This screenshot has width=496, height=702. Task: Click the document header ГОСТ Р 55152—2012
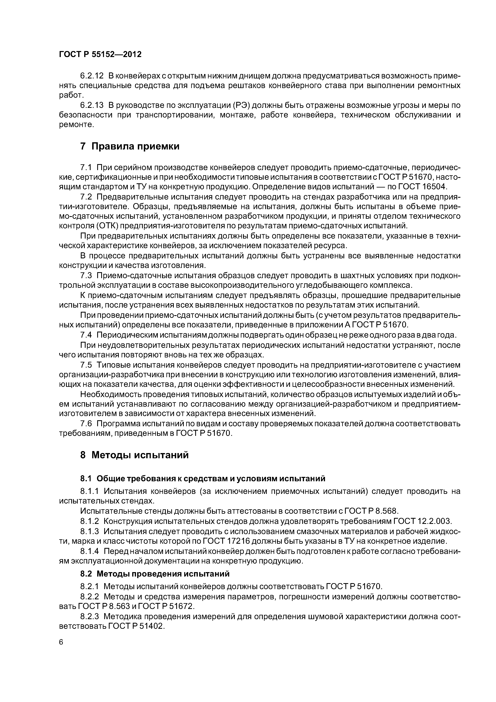pyautogui.click(x=100, y=54)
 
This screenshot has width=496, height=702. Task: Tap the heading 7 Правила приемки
pyautogui.click(x=130, y=146)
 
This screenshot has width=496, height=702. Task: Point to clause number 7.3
pyautogui.click(x=86, y=276)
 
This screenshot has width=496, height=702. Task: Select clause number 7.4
pyautogui.click(x=86, y=335)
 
